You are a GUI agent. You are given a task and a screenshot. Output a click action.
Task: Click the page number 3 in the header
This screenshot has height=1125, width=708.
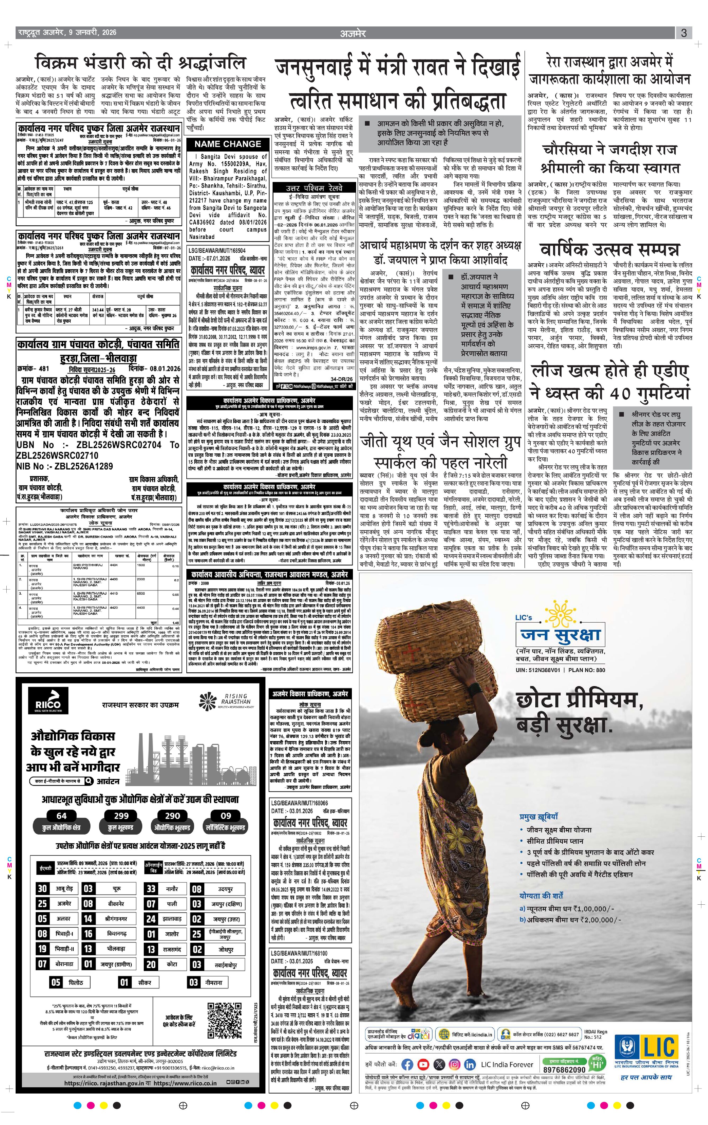click(684, 33)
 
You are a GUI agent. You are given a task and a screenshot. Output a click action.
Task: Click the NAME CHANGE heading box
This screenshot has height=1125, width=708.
click(227, 144)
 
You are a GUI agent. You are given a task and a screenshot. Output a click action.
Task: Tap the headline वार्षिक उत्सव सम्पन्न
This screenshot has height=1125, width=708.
click(609, 249)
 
